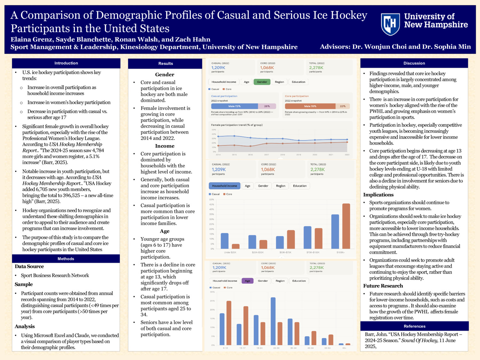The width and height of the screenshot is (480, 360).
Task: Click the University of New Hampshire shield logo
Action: point(390,24)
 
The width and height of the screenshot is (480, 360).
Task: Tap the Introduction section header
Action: point(66,63)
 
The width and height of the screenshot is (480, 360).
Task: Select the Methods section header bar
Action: point(66,259)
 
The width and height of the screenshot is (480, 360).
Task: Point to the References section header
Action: point(414,326)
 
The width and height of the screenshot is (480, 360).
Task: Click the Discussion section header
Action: point(414,63)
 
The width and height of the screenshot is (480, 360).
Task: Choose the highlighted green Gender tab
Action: point(262,82)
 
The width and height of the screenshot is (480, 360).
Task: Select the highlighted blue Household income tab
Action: point(224,186)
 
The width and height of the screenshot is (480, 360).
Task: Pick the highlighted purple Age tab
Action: point(247,281)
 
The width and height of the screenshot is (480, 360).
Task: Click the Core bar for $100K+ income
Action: point(346,226)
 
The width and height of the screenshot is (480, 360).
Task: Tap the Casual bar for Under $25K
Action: point(225,241)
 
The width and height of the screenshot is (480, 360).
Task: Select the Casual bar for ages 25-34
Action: point(273,321)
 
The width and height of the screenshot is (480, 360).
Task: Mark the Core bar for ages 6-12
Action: point(229,323)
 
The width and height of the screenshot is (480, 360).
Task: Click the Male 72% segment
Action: point(234,106)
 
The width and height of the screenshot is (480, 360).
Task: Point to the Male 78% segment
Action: point(310,106)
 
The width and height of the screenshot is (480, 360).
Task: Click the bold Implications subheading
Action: point(378,195)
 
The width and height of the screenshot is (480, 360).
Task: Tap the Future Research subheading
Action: point(383,286)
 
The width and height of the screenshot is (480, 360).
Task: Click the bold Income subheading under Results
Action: point(165,146)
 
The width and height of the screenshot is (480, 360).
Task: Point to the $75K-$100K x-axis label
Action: point(313,252)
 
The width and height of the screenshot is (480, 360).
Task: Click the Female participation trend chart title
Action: point(236,125)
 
